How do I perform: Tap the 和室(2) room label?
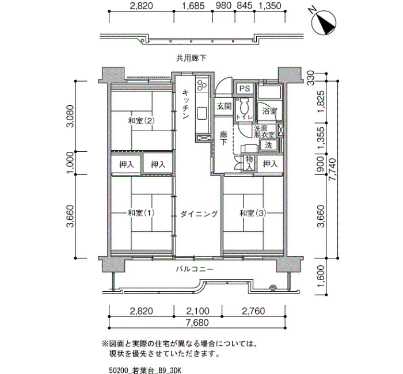click(142, 120)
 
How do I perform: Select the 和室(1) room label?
click(142, 213)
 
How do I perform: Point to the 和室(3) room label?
click(253, 213)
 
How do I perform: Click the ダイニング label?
click(199, 213)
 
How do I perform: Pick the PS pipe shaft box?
click(245, 89)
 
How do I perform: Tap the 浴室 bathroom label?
click(269, 111)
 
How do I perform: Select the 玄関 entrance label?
click(224, 106)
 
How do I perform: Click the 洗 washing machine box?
click(269, 145)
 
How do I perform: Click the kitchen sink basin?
click(202, 113)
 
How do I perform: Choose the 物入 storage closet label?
click(249, 163)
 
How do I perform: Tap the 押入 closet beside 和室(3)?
click(271, 163)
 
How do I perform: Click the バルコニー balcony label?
click(195, 269)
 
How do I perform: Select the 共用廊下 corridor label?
click(191, 58)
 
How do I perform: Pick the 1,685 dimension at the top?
click(193, 6)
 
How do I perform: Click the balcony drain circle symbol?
click(273, 288)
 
